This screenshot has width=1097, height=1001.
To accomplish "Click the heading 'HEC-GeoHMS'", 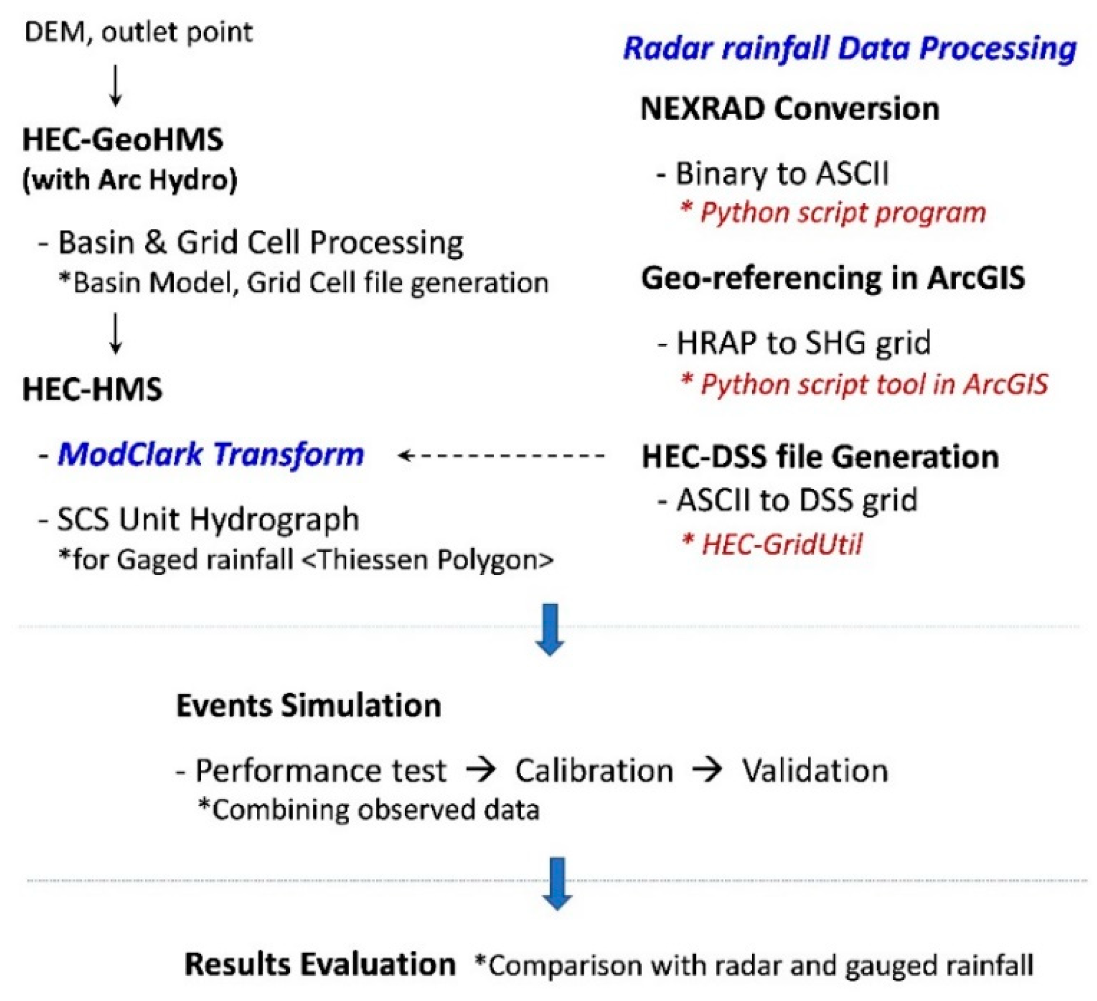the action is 123,139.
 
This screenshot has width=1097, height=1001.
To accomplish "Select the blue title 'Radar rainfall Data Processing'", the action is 850,49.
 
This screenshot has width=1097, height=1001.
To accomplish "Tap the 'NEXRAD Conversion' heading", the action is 790,109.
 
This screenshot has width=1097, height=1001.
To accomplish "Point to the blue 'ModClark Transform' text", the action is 211,454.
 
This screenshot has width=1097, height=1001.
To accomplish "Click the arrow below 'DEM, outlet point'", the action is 115,85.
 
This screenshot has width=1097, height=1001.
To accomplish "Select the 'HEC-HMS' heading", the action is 93,389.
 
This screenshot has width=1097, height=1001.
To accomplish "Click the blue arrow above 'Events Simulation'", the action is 550,629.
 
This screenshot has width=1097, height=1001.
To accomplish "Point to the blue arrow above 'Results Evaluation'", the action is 557,883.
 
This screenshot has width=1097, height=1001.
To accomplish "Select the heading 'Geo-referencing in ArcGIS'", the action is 833,278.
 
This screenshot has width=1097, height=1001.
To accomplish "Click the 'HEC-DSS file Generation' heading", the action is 821,456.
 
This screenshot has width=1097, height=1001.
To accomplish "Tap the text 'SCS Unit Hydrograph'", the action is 208,519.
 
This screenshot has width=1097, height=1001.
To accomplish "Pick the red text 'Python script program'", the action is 843,212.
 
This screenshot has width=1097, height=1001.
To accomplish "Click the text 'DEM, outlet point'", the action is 139,33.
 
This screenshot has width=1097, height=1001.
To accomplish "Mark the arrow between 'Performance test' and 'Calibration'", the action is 481,770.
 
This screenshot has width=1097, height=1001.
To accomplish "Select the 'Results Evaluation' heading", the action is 320,964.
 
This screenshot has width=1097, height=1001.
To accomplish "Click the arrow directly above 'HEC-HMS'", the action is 115,333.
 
